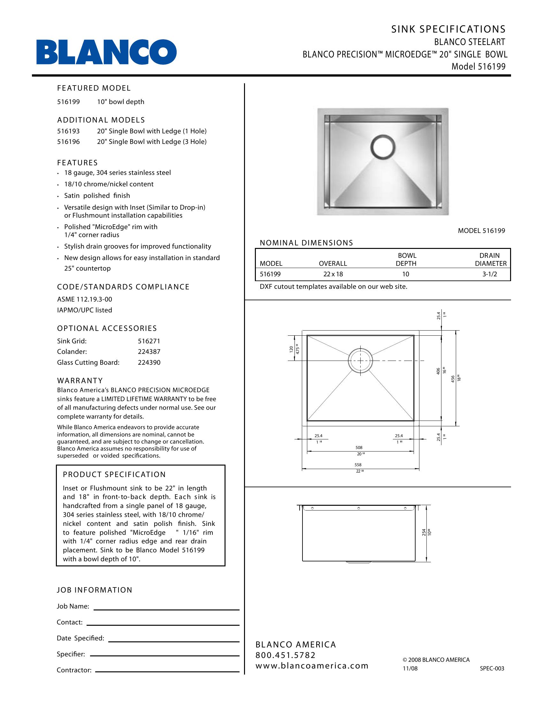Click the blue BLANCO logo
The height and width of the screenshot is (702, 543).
coord(106,52)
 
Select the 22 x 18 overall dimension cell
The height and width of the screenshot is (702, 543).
coord(333,274)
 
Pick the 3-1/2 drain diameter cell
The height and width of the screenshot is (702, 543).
coord(490,274)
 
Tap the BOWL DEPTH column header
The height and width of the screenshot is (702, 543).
coord(406,259)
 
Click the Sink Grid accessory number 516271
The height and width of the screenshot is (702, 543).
coord(149,341)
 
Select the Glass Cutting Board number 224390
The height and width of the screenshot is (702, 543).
coord(149,362)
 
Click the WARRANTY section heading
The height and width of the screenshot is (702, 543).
coord(80,381)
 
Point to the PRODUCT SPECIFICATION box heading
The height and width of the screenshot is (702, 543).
coord(114,474)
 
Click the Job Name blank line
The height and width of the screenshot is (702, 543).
coord(166,609)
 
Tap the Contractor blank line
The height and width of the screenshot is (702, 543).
coord(167,671)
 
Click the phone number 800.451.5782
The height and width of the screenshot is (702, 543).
coord(285,655)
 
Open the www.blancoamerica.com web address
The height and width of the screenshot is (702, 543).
coord(312,666)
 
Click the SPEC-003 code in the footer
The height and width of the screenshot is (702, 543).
coord(492,668)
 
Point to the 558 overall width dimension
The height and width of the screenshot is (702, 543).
coord(358,465)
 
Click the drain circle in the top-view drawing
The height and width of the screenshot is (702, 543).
coord(360,361)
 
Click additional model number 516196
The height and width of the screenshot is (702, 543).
coord(68,142)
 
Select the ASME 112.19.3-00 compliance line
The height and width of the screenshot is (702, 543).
coord(85,299)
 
